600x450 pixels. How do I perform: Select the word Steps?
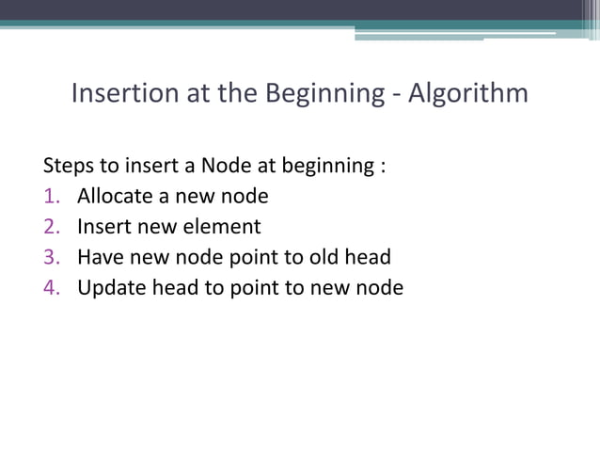(69, 167)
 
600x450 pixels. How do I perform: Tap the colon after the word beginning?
(382, 168)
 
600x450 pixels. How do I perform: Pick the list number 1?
(51, 197)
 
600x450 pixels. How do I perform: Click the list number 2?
(51, 227)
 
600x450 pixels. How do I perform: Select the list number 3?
(51, 257)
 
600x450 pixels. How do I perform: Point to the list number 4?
(51, 287)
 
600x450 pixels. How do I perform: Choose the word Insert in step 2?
(102, 227)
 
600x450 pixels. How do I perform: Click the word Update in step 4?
(108, 287)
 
